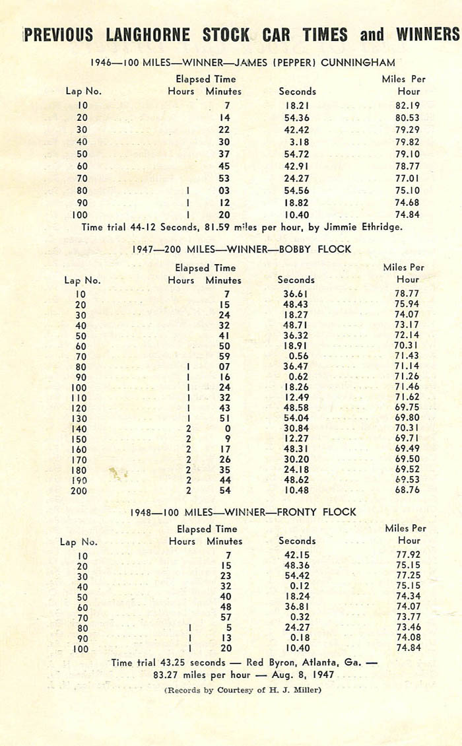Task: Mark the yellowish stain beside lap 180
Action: (117, 473)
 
